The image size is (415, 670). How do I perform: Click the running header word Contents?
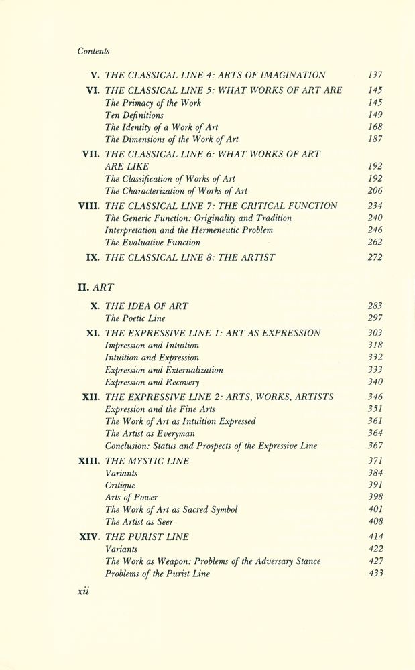pyautogui.click(x=93, y=51)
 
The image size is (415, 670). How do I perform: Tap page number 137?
pyautogui.click(x=375, y=75)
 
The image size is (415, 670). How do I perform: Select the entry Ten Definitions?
pyautogui.click(x=134, y=115)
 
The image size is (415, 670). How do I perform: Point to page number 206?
pyautogui.click(x=375, y=191)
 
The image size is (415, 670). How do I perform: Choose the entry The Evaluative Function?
pyautogui.click(x=153, y=242)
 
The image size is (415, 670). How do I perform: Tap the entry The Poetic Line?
pyautogui.click(x=135, y=318)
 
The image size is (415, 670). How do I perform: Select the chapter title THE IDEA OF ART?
pyautogui.click(x=147, y=306)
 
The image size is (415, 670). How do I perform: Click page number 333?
pyautogui.click(x=375, y=369)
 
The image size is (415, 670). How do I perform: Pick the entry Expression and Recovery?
pyautogui.click(x=152, y=382)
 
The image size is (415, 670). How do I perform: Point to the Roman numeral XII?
pyautogui.click(x=91, y=397)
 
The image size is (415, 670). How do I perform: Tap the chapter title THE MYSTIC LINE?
pyautogui.click(x=147, y=460)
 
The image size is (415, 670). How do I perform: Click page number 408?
pyautogui.click(x=375, y=521)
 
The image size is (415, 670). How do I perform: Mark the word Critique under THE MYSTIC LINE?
pyautogui.click(x=121, y=485)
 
